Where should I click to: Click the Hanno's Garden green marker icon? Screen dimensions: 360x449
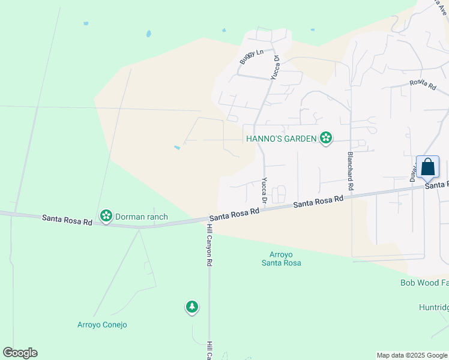[326, 139]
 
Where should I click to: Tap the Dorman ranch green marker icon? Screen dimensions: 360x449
[106, 215]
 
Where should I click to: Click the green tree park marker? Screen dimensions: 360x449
[191, 307]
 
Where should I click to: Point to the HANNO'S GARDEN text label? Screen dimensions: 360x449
[281, 139]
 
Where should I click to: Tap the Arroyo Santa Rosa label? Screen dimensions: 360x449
[281, 259]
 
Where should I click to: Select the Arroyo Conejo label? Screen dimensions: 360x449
[102, 325]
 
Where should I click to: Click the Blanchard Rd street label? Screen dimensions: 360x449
[351, 172]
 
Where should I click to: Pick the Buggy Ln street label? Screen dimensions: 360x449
[251, 56]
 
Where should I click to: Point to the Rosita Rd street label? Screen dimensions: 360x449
[423, 85]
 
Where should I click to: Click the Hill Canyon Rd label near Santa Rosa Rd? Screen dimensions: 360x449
[209, 246]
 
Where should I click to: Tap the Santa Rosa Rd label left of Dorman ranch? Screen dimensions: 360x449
[67, 220]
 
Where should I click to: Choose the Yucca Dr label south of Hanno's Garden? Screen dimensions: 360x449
[264, 189]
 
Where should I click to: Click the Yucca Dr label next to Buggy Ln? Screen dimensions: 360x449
[276, 68]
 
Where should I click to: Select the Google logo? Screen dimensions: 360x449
[20, 353]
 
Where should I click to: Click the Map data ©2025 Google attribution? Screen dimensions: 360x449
[411, 355]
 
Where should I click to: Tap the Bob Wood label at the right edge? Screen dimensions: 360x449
[424, 282]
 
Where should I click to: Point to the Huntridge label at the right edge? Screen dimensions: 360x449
[433, 308]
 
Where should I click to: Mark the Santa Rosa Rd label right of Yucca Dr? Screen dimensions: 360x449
[318, 202]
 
